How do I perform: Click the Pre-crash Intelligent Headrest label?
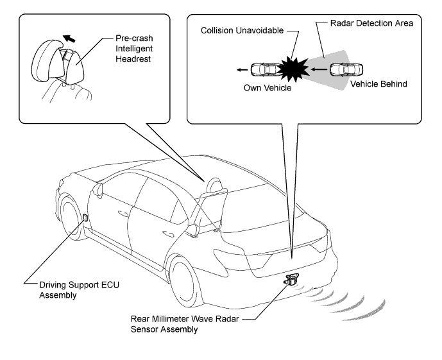pyautogui.click(x=134, y=49)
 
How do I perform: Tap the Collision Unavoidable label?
pyautogui.click(x=242, y=30)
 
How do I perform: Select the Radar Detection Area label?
pyautogui.click(x=371, y=23)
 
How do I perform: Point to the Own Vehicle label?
pyautogui.click(x=268, y=88)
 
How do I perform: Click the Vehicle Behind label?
pyautogui.click(x=378, y=84)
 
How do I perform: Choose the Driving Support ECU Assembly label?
pyautogui.click(x=79, y=290)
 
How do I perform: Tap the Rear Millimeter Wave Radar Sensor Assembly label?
pyautogui.click(x=185, y=324)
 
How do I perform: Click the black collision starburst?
pyautogui.click(x=293, y=69)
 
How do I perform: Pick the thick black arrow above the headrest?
pyautogui.click(x=69, y=39)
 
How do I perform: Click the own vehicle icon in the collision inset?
pyautogui.click(x=266, y=69)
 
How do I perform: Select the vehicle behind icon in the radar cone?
pyautogui.click(x=346, y=70)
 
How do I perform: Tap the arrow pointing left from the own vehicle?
pyautogui.click(x=242, y=70)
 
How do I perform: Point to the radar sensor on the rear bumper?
pyautogui.click(x=292, y=279)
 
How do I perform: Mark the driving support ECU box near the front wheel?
pyautogui.click(x=85, y=217)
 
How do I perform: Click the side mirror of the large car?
pyautogui.click(x=98, y=190)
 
